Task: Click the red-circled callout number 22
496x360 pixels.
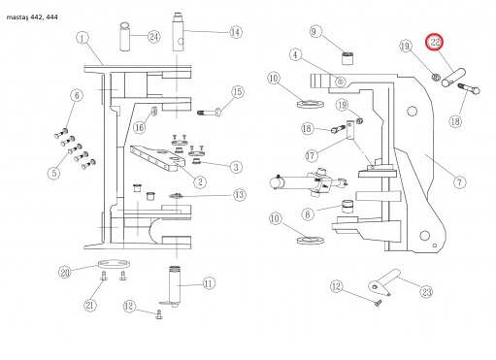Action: point(435,42)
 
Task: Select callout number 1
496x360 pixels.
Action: point(83,38)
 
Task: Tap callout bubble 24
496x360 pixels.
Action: point(154,37)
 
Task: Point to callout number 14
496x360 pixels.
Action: point(236,32)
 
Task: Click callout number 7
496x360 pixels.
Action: point(459,182)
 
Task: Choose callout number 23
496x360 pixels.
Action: point(427,292)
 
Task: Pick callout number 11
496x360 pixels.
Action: point(209,283)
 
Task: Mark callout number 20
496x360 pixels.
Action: point(65,273)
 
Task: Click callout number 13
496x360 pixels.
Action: point(240,195)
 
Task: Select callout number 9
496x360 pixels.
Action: point(314,31)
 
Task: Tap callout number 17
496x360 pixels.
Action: point(311,156)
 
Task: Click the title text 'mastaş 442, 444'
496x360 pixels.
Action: point(32,17)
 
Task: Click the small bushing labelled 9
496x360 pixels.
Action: point(347,58)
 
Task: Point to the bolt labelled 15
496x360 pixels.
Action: point(210,113)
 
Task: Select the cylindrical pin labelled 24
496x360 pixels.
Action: point(125,37)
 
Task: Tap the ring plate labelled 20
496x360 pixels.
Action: point(115,264)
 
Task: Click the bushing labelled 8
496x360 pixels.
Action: point(347,207)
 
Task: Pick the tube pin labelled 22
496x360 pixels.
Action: point(453,78)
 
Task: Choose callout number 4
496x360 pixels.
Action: point(295,54)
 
